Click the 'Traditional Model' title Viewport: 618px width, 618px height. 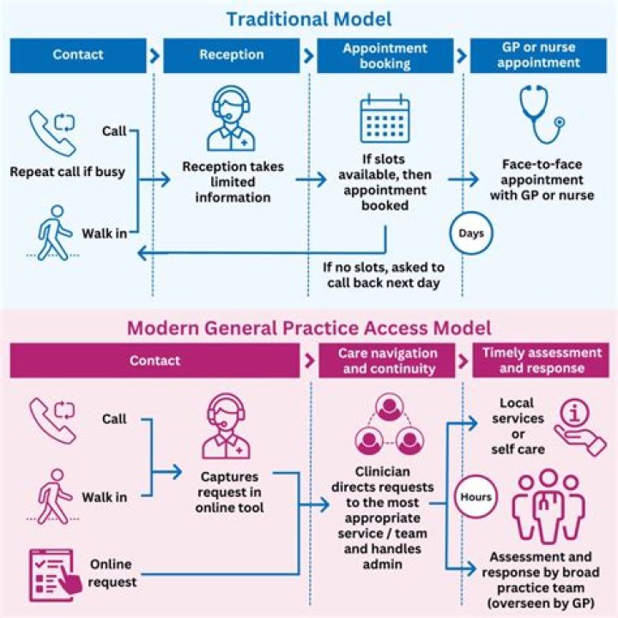pyautogui.click(x=309, y=18)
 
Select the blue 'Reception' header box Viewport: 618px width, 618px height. pyautogui.click(x=232, y=55)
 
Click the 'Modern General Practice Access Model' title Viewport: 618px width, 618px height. pyautogui.click(x=309, y=327)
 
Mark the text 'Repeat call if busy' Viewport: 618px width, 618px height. pyautogui.click(x=67, y=171)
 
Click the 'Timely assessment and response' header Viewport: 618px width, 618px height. pyautogui.click(x=541, y=361)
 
